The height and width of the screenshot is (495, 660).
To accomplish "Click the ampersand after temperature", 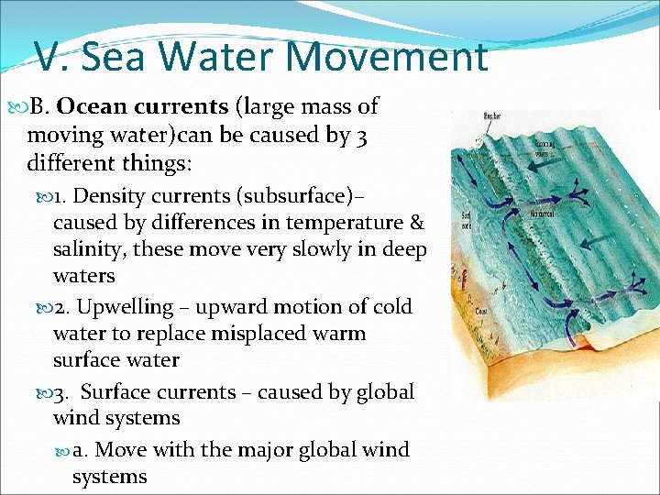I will (x=418, y=222).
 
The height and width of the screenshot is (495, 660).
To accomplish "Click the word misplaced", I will (x=258, y=333).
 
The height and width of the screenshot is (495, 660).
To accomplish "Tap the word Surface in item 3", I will (x=119, y=391).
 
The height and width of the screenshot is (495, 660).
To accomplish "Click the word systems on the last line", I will (x=109, y=477).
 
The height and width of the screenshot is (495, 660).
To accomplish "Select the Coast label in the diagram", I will (x=480, y=310).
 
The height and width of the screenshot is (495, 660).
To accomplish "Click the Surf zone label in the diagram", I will (x=468, y=221).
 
